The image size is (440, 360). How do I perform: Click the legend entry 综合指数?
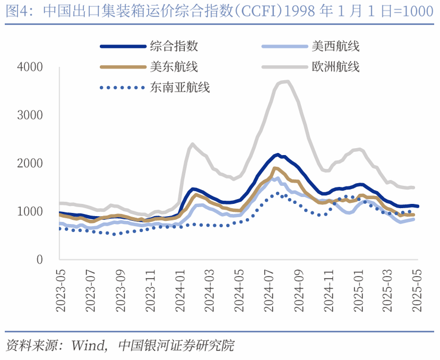174,46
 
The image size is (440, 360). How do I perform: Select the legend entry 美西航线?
335,46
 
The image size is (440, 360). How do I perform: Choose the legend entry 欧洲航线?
335,67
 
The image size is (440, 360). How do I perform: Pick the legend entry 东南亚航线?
180,88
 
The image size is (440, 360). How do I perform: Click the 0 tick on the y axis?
40,260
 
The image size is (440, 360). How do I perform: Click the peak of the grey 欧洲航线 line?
287,81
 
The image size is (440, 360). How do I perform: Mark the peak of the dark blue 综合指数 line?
278,155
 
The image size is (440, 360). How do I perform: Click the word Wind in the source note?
88,346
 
